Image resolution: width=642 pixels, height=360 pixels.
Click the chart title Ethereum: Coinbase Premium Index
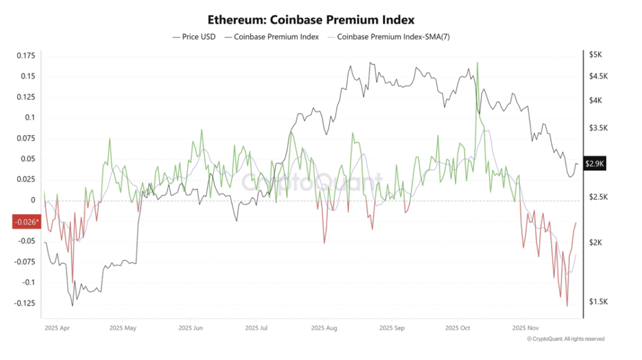[x=320, y=21]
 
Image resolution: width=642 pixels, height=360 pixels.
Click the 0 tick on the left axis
[x=33, y=201]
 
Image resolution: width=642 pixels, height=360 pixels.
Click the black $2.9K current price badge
[x=594, y=164]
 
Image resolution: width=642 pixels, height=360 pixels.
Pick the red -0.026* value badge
[x=26, y=221]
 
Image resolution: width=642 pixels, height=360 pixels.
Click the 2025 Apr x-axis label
[x=58, y=328]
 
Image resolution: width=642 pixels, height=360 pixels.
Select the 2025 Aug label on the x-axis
[x=324, y=328]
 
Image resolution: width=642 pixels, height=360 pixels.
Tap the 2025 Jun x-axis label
[x=191, y=328]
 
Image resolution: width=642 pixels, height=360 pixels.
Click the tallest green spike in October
[x=478, y=63]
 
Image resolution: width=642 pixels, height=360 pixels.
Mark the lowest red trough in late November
[x=567, y=305]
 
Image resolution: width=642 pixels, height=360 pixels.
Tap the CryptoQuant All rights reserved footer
[x=565, y=339]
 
